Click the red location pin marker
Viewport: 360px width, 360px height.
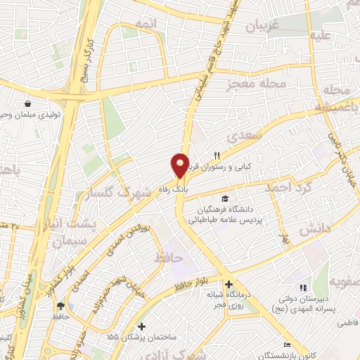coord(181,165)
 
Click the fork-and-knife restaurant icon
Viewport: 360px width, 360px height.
coord(217,156)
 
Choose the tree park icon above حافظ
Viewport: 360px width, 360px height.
coord(61,306)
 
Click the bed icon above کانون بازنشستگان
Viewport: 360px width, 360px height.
coord(286,345)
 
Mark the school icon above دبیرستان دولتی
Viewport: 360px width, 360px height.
coord(304,288)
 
